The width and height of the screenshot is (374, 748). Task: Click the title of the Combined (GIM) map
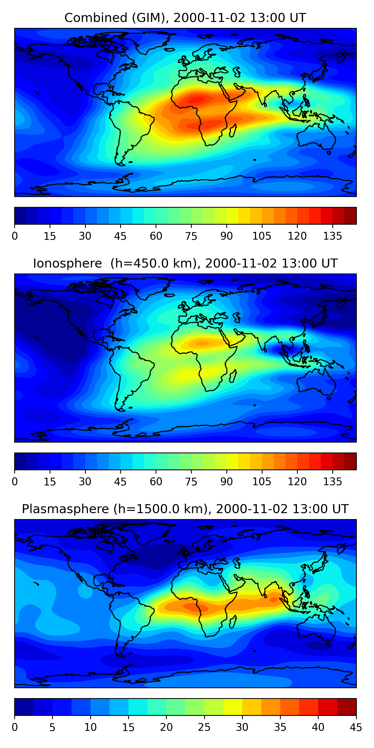(x=185, y=18)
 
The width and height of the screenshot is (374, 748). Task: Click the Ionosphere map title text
(x=185, y=264)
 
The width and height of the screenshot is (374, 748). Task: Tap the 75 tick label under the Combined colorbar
(x=191, y=236)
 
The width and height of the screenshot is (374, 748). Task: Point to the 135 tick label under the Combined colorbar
(x=332, y=236)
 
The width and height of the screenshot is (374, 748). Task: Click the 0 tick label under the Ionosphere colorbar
(x=15, y=482)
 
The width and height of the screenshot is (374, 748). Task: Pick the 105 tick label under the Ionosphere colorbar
(x=262, y=482)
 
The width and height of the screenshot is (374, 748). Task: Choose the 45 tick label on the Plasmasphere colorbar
(x=356, y=727)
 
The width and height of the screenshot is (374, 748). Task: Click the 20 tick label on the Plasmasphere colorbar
(x=166, y=727)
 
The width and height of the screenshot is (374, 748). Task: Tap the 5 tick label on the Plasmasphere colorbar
(x=52, y=727)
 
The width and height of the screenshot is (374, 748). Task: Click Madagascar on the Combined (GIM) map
(x=233, y=131)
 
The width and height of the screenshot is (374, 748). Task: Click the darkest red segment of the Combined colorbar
(x=350, y=216)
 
